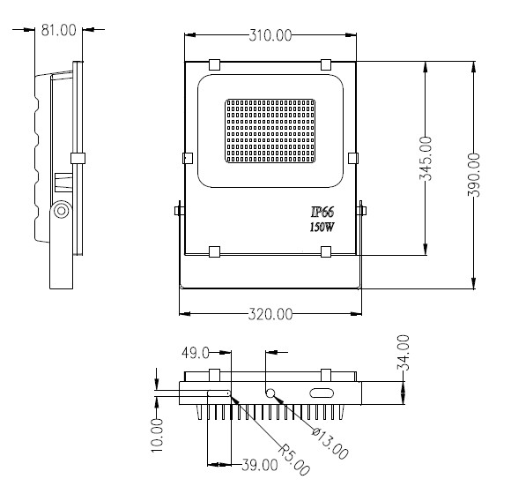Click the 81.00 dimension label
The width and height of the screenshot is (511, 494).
coord(59,30)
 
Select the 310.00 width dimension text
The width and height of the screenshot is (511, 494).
coord(270,35)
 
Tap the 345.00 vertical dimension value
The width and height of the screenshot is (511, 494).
coord(426,158)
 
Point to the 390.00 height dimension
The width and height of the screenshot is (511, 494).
coord(474,175)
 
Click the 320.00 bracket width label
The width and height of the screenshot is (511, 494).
coord(270,314)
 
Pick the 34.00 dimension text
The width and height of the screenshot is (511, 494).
coord(403,352)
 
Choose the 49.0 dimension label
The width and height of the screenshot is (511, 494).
coord(196,353)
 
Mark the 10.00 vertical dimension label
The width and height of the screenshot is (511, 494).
coord(157,436)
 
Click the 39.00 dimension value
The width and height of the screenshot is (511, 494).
coord(260,465)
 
